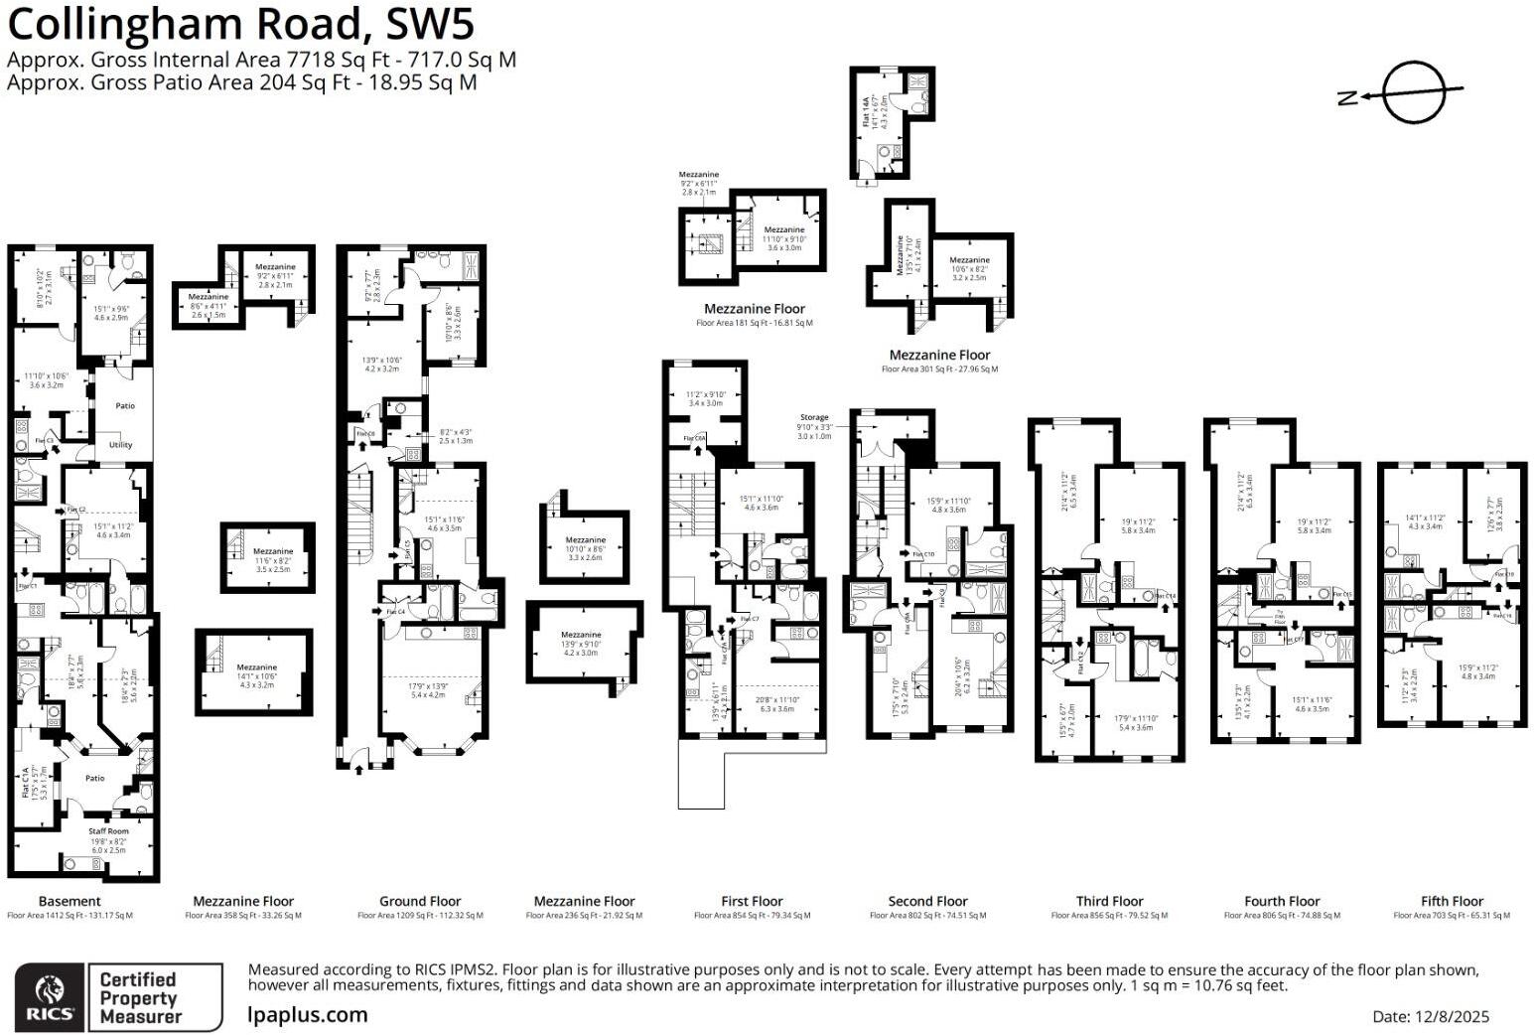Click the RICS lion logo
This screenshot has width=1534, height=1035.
(48, 996)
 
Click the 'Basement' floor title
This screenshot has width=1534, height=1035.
(70, 901)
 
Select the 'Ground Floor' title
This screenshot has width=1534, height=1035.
(420, 901)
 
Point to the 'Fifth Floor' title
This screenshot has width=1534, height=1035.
(1452, 901)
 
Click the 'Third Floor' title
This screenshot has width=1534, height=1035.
(1109, 901)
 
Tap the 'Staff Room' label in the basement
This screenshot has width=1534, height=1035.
(108, 831)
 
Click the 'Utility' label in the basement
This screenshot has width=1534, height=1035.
(120, 445)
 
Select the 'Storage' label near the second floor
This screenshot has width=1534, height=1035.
(814, 418)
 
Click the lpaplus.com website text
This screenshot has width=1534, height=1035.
(308, 1015)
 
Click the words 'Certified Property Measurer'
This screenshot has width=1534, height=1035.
(140, 997)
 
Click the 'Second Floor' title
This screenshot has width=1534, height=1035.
(927, 901)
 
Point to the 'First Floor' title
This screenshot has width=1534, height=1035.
(752, 901)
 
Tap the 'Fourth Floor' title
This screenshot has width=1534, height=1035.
(1282, 901)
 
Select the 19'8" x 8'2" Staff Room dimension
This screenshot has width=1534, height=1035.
(109, 840)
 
